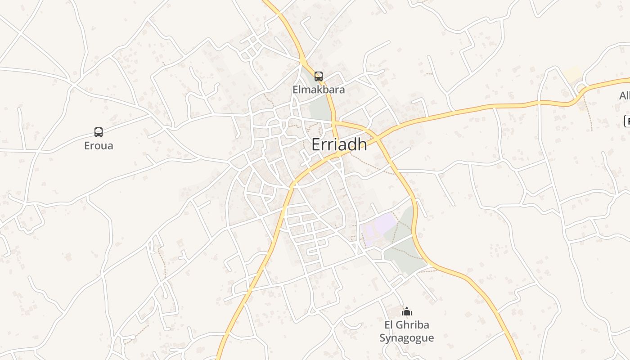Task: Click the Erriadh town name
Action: pyautogui.click(x=339, y=144)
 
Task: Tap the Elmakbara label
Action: pyautogui.click(x=319, y=90)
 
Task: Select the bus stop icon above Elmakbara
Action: pyautogui.click(x=319, y=76)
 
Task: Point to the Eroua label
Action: pyautogui.click(x=99, y=146)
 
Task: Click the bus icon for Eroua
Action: pyautogui.click(x=99, y=132)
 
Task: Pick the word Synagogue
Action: pyautogui.click(x=406, y=338)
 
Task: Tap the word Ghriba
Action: pyautogui.click(x=414, y=325)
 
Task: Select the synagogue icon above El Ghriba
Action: pyautogui.click(x=407, y=311)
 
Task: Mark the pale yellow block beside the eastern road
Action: pyautogui.click(x=573, y=74)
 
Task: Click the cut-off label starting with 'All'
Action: pyautogui.click(x=625, y=96)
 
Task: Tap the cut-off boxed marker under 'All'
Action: pyautogui.click(x=627, y=121)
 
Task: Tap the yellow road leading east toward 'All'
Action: pyautogui.click(x=495, y=107)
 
